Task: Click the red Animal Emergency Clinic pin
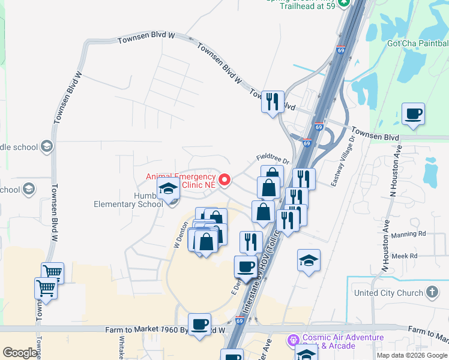click(x=225, y=179)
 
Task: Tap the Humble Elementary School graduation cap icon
click(x=169, y=189)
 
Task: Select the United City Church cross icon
click(x=432, y=293)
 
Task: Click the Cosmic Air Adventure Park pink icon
click(x=294, y=340)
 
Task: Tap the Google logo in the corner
click(x=20, y=353)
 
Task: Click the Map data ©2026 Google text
click(x=412, y=355)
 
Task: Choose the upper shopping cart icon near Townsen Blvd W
click(x=52, y=272)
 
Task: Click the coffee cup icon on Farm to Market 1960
click(x=199, y=324)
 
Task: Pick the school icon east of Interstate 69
click(x=309, y=260)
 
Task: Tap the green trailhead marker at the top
click(x=344, y=3)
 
